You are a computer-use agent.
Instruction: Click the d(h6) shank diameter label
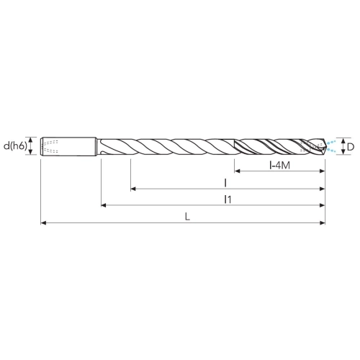(x=15, y=146)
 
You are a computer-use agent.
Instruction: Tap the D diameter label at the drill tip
(x=351, y=147)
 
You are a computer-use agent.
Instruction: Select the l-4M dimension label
(x=279, y=166)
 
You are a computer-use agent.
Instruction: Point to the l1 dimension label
(x=228, y=199)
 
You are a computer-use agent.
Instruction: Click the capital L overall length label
(x=188, y=217)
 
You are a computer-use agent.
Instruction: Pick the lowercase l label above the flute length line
(x=225, y=183)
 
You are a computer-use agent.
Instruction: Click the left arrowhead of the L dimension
(x=43, y=223)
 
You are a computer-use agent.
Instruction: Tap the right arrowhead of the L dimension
(x=323, y=223)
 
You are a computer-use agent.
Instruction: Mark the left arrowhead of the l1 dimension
(x=104, y=205)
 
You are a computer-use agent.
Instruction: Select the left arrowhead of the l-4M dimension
(x=237, y=171)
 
